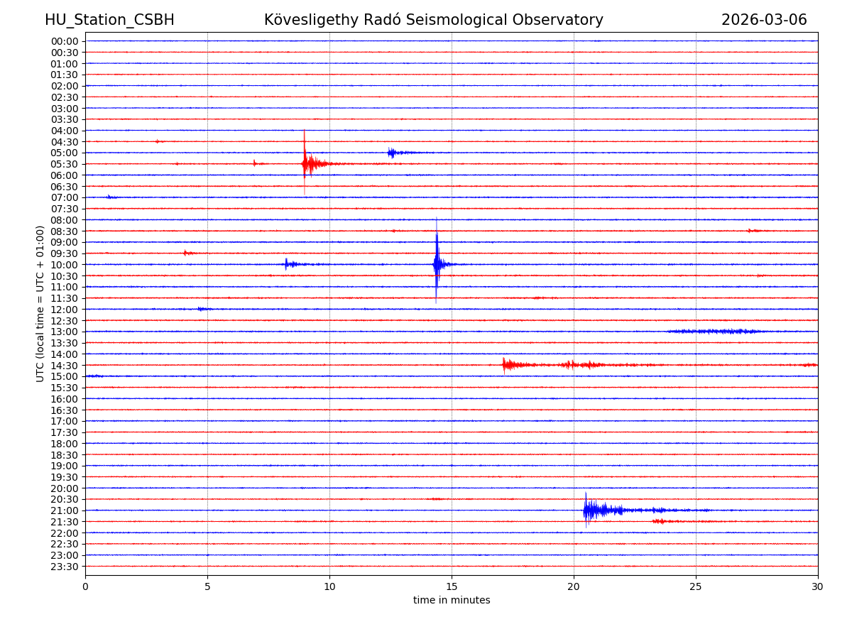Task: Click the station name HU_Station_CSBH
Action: click(x=109, y=20)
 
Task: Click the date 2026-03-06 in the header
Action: click(x=764, y=20)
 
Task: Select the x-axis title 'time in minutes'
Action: click(x=452, y=601)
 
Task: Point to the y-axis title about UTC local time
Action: click(x=41, y=303)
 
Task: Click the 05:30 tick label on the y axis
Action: click(x=65, y=164)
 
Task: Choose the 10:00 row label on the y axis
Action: click(x=65, y=265)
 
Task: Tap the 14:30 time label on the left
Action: click(x=65, y=366)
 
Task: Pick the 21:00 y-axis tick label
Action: click(x=65, y=510)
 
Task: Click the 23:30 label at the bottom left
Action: click(x=65, y=567)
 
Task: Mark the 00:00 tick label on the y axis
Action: click(x=65, y=41)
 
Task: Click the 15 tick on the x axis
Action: click(x=452, y=586)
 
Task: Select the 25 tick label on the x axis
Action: click(x=696, y=586)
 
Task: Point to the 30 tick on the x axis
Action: click(x=818, y=586)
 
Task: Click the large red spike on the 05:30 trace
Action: click(x=305, y=163)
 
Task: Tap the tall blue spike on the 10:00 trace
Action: click(x=437, y=263)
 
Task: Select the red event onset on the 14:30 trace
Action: click(x=504, y=365)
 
